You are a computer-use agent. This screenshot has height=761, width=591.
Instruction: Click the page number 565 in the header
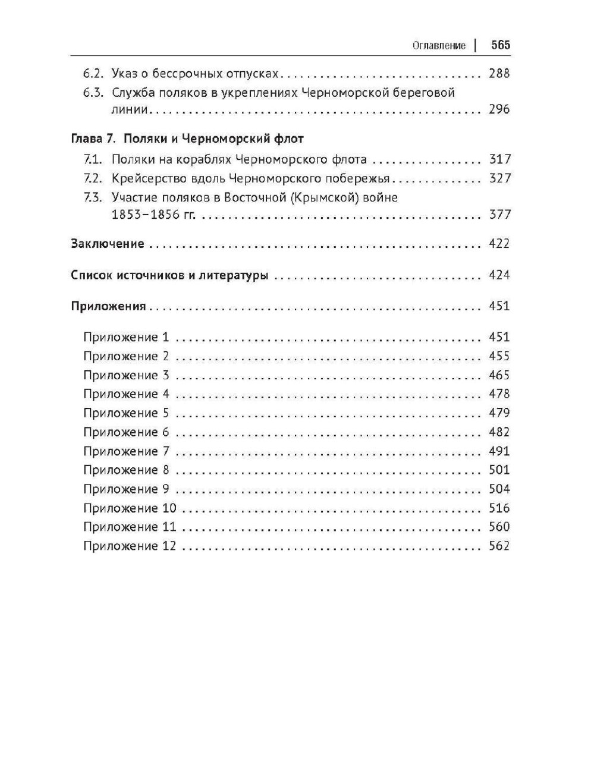(501, 45)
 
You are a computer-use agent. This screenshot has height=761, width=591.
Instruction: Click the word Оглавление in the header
(439, 46)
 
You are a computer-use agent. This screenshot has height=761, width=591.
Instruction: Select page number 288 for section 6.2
(499, 74)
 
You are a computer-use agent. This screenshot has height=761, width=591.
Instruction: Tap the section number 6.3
(94, 93)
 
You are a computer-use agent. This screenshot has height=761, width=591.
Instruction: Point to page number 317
(499, 159)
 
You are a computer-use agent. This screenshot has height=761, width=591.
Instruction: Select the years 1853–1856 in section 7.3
(145, 215)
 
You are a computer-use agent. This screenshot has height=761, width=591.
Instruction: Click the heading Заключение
(107, 244)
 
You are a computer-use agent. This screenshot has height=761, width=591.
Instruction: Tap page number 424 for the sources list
(499, 275)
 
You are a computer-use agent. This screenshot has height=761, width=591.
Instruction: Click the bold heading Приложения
(108, 307)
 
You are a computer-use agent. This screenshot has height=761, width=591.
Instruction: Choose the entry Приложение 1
(126, 338)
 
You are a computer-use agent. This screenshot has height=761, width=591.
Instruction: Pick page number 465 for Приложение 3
(499, 375)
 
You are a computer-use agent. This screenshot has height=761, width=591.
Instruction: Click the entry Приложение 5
(126, 413)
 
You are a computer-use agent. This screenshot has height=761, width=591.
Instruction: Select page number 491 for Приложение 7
(499, 451)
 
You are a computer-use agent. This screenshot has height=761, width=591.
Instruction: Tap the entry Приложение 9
(126, 489)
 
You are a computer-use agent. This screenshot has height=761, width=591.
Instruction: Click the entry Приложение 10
(130, 508)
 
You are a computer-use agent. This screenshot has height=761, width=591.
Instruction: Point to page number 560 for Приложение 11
(499, 527)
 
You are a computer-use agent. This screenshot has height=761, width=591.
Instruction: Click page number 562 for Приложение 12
(499, 546)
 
